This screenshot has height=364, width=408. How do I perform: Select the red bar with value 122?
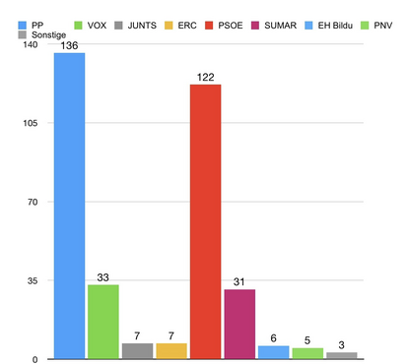(x=205, y=220)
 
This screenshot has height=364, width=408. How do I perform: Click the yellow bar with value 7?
(x=171, y=349)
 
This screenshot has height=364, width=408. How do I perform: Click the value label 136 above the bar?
(x=69, y=45)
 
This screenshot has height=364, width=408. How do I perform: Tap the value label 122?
(x=205, y=77)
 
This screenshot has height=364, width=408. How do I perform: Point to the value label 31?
(x=239, y=281)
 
